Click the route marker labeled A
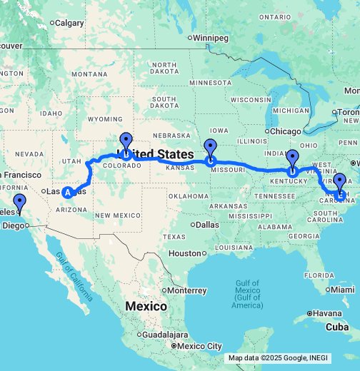(x=68, y=191)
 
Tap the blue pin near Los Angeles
(x=19, y=205)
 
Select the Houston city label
(x=188, y=253)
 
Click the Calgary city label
(x=69, y=23)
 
